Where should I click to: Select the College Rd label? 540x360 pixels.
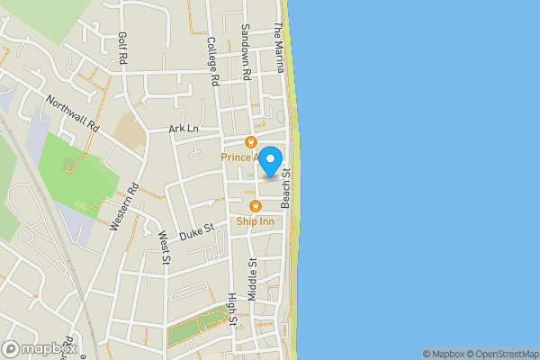[x=213, y=61]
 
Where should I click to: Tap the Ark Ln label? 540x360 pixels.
[x=183, y=130]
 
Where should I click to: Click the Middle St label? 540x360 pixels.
[x=254, y=278]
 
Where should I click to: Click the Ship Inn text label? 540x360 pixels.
[x=256, y=220]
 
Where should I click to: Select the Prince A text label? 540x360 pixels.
[x=240, y=157]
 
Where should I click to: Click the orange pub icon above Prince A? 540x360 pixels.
[x=251, y=141]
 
